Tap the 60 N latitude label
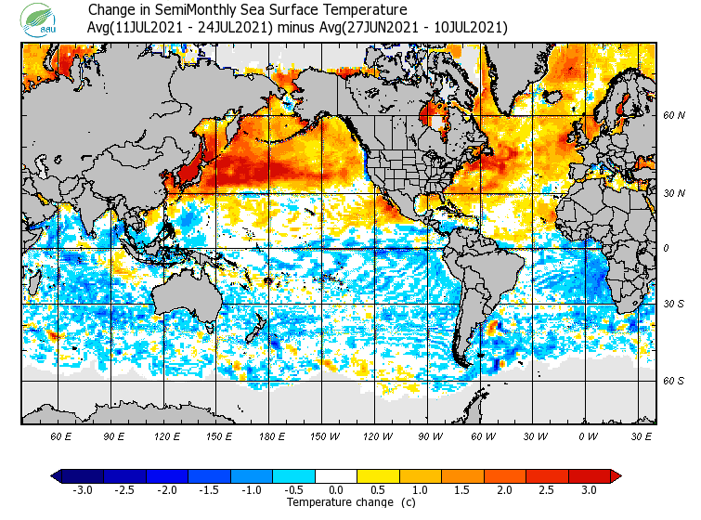coord(674,116)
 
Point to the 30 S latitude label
coord(674,305)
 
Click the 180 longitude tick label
coord(272,435)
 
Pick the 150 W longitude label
coord(325,435)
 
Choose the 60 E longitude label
coord(61,435)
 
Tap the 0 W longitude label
coord(587,435)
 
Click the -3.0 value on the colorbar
coord(84,490)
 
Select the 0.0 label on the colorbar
coord(337,490)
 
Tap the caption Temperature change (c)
coord(337,502)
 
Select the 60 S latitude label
coord(674,381)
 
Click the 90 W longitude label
coord(431,435)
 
